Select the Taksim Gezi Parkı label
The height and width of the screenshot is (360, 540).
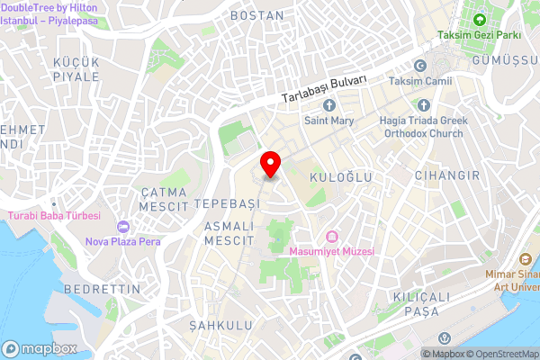(491, 35)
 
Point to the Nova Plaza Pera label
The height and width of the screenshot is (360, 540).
(122, 241)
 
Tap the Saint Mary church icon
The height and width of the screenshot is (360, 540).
(329, 106)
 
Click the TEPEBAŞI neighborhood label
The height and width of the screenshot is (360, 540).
(227, 204)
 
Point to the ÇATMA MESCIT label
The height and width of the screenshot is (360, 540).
(163, 199)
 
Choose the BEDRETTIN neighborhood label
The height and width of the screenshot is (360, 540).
(104, 289)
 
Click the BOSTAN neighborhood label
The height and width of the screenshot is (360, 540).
(257, 15)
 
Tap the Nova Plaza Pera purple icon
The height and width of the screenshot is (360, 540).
(123, 226)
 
